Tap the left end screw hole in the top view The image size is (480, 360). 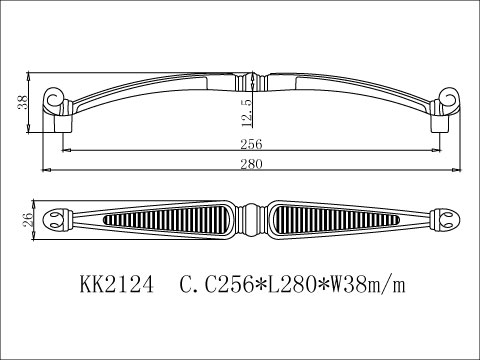[57, 217]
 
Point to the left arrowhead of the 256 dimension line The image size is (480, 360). [66, 150]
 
